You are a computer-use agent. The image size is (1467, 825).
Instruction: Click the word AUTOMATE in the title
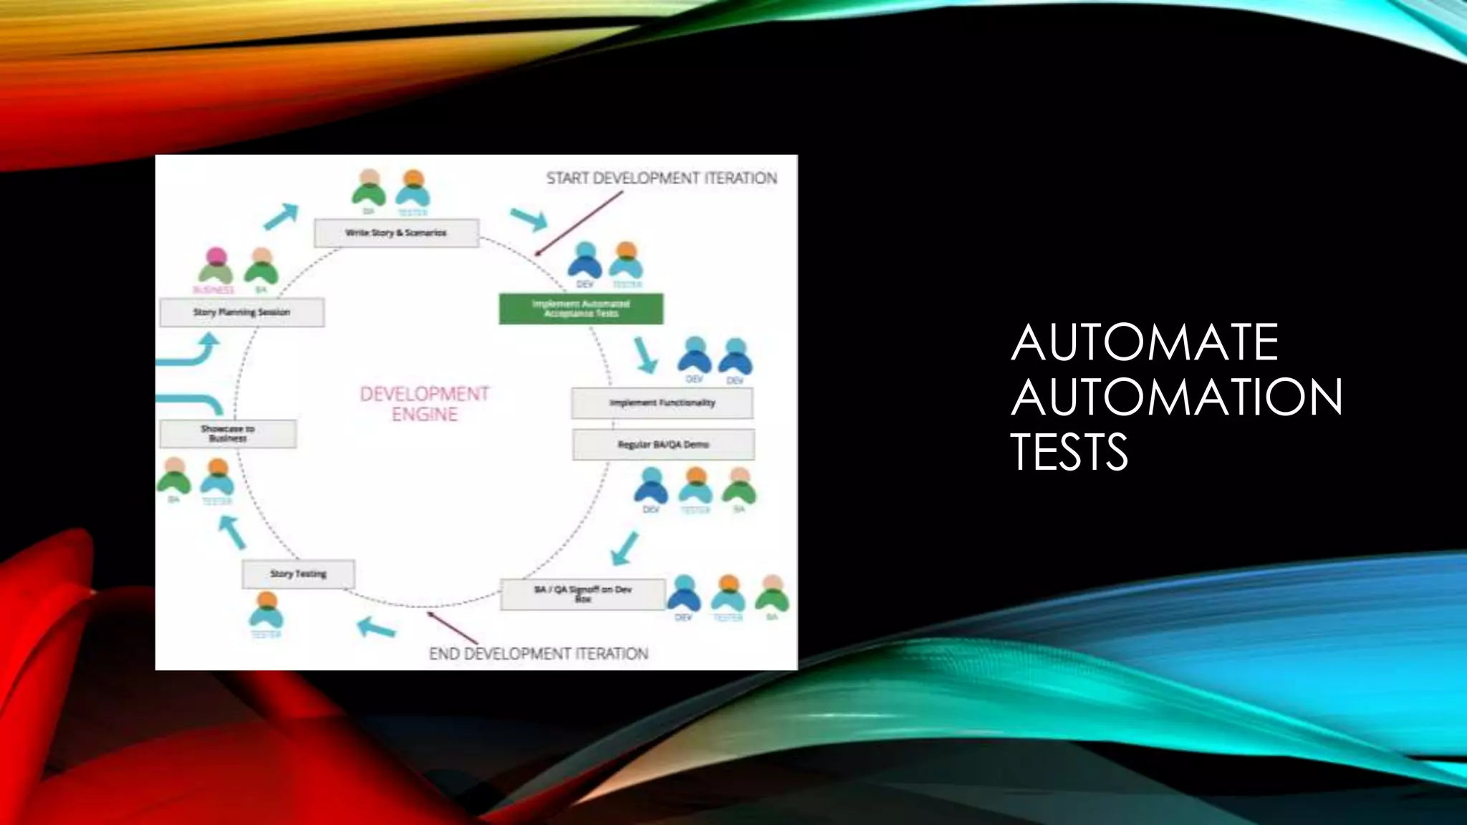click(x=1144, y=342)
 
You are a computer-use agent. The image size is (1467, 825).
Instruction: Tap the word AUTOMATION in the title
click(x=1176, y=397)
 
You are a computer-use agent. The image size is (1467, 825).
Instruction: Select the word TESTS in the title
click(x=1069, y=451)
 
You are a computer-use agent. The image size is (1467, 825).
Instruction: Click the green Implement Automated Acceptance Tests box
click(x=581, y=309)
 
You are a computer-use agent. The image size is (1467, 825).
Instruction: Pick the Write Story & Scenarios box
click(x=396, y=233)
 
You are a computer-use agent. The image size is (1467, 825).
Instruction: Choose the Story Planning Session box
click(x=241, y=312)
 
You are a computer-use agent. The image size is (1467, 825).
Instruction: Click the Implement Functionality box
click(x=662, y=403)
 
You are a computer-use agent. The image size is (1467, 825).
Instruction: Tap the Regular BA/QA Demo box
click(x=663, y=445)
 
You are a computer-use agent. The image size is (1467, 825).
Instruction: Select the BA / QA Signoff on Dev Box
click(x=582, y=594)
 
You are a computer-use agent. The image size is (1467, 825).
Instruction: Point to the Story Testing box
click(x=298, y=574)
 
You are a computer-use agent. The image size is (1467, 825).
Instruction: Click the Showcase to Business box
click(x=228, y=433)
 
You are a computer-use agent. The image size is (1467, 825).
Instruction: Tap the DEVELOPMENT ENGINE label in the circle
click(x=425, y=404)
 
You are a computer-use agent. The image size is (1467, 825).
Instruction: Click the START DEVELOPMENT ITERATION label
click(x=661, y=178)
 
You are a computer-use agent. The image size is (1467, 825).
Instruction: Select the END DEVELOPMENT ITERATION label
click(x=538, y=654)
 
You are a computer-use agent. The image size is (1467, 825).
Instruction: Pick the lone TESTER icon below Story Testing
click(x=266, y=610)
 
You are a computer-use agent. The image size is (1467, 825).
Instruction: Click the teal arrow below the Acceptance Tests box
click(x=646, y=355)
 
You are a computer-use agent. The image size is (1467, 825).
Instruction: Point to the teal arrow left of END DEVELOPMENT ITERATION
click(x=377, y=627)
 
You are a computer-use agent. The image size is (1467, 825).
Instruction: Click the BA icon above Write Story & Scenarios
click(x=369, y=188)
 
